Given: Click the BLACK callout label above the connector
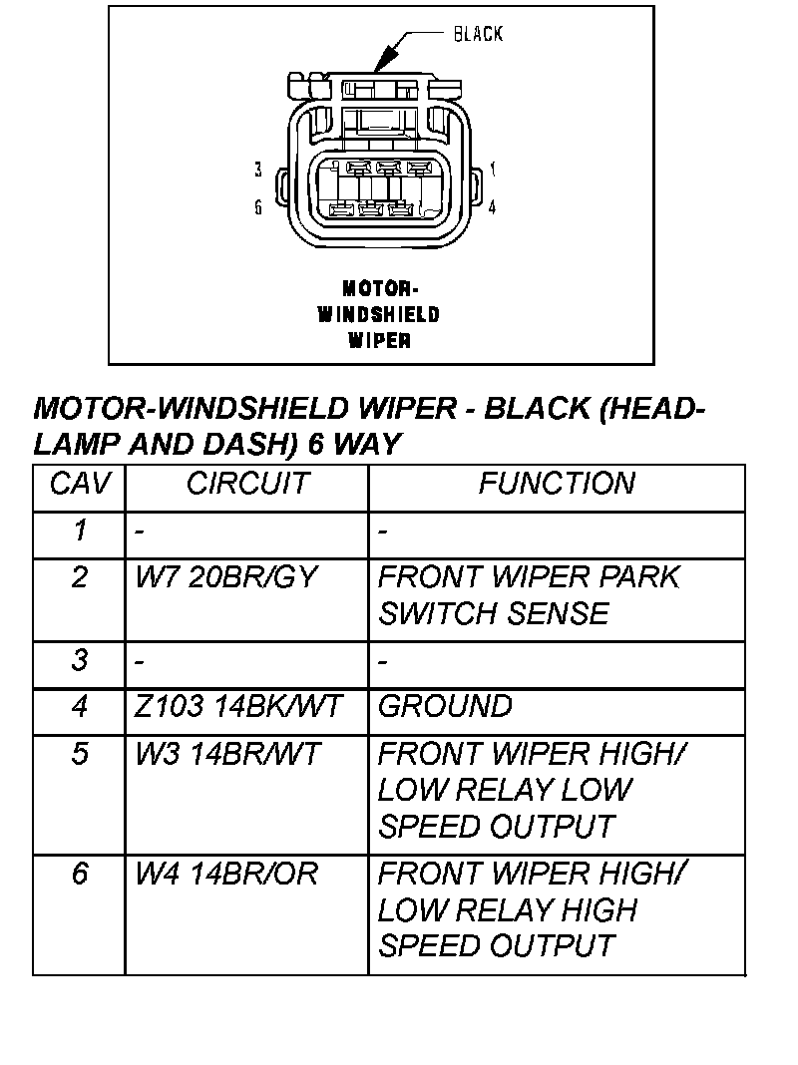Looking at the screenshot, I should pyautogui.click(x=478, y=34).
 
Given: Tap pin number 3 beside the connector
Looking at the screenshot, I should pyautogui.click(x=258, y=170).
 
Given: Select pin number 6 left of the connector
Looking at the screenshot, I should pyautogui.click(x=258, y=207).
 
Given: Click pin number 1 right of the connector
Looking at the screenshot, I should pyautogui.click(x=493, y=170).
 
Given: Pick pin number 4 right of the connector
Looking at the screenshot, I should pyautogui.click(x=493, y=207).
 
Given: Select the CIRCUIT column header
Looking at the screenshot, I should pyautogui.click(x=246, y=485).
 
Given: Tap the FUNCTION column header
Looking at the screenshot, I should pyautogui.click(x=556, y=485).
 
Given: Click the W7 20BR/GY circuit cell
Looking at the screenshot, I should pyautogui.click(x=225, y=577).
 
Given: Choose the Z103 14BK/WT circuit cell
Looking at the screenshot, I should pyautogui.click(x=237, y=707).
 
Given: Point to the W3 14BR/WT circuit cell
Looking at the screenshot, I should pyautogui.click(x=227, y=754).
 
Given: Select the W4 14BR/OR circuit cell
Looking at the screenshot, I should pyautogui.click(x=226, y=875).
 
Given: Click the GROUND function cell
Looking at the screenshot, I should pyautogui.click(x=445, y=707).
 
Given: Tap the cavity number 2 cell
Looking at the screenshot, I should pyautogui.click(x=80, y=577).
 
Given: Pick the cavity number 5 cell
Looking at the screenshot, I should pyautogui.click(x=80, y=754).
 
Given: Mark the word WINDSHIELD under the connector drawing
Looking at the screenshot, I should pyautogui.click(x=378, y=315).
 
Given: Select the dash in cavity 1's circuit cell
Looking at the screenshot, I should pyautogui.click(x=140, y=532).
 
